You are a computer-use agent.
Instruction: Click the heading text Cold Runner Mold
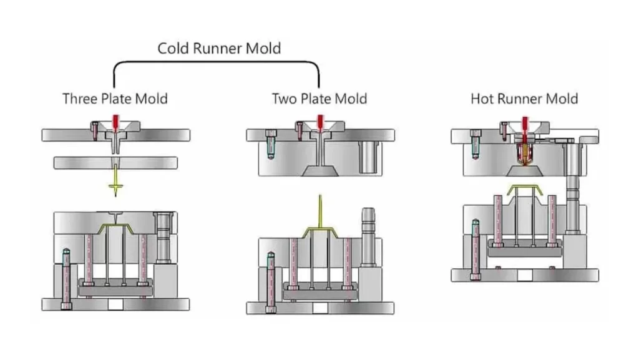click(x=218, y=48)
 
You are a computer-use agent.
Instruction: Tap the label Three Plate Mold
click(x=115, y=99)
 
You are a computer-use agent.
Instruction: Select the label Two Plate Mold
click(x=319, y=99)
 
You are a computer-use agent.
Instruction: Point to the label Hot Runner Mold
click(x=524, y=99)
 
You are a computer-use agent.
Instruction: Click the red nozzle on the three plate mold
click(x=115, y=120)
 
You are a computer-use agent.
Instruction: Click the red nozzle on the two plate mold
click(x=320, y=120)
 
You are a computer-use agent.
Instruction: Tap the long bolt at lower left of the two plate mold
click(x=270, y=281)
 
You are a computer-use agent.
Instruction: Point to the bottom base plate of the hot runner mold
click(x=524, y=275)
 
